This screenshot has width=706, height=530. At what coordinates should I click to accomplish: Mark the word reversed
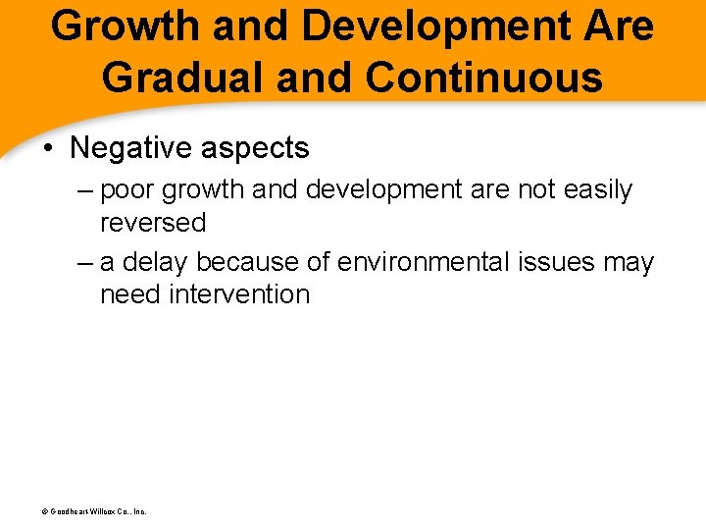click(153, 222)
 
